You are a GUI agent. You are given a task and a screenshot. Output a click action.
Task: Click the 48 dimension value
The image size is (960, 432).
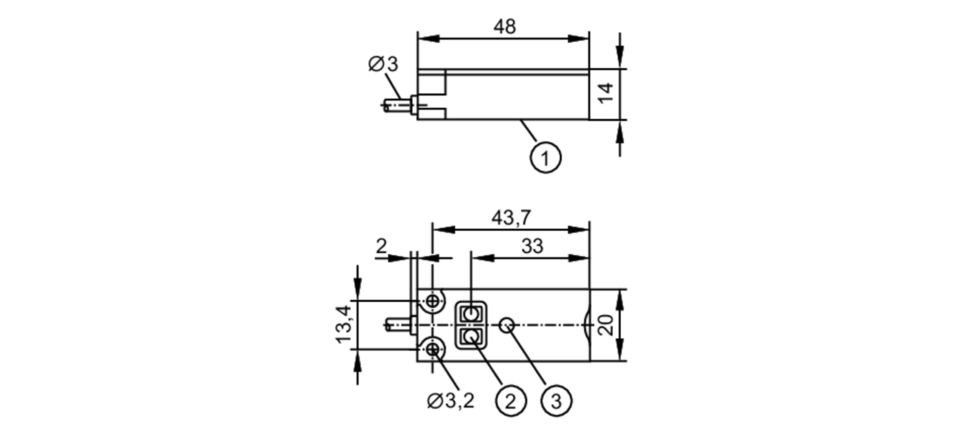[x=504, y=26]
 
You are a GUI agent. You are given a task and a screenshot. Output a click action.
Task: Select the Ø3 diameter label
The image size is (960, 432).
[x=383, y=64]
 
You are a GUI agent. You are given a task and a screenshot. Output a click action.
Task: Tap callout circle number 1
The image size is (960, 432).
[x=545, y=158]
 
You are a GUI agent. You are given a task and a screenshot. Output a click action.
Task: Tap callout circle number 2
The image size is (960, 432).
[x=511, y=400]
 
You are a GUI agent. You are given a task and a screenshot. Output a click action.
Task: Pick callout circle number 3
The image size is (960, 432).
[x=556, y=400]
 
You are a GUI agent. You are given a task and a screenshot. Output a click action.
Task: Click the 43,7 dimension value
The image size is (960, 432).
[x=511, y=218]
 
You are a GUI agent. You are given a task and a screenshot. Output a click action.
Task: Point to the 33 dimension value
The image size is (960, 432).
[x=532, y=247]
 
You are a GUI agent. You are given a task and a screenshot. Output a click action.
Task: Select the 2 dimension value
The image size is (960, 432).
[x=381, y=246]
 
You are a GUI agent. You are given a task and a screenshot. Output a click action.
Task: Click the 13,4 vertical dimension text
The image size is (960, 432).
[x=344, y=325]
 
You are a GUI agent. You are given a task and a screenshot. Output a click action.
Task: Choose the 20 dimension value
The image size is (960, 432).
[x=606, y=325]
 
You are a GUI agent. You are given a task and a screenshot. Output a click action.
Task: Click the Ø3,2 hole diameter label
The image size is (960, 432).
[x=450, y=400]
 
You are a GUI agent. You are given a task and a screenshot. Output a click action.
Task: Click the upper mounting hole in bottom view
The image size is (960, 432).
[x=433, y=301]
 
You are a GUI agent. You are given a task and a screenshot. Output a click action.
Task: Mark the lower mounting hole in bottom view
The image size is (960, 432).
[x=433, y=349]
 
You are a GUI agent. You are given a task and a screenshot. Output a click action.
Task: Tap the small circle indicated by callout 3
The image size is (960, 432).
[x=507, y=325]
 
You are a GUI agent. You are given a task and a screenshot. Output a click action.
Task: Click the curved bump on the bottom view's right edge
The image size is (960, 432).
[x=587, y=325]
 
